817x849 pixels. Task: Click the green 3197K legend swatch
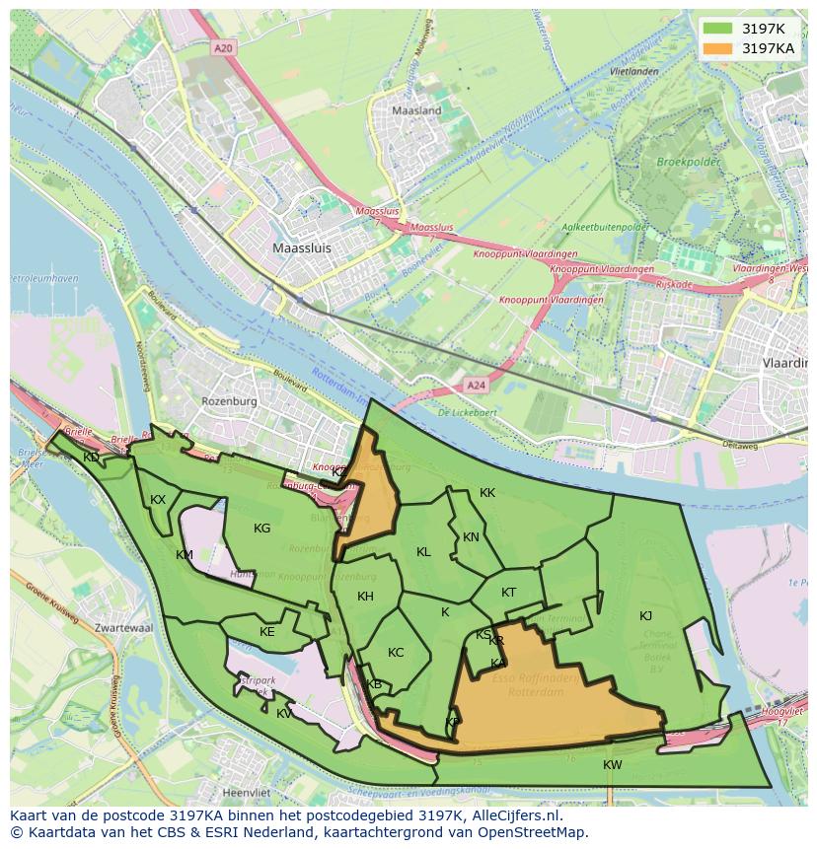click(x=718, y=29)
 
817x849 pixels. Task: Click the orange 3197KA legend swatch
click(x=718, y=47)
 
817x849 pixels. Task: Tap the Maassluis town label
click(x=302, y=248)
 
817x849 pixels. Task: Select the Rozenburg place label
click(x=229, y=401)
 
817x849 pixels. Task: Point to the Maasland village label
click(x=416, y=111)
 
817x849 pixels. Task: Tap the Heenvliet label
click(x=248, y=792)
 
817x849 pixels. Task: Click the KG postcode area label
click(x=261, y=529)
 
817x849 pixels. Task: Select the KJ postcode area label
click(x=645, y=616)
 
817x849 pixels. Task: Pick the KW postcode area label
click(x=613, y=765)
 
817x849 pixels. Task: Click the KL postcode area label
click(x=423, y=552)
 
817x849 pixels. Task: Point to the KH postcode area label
click(x=365, y=597)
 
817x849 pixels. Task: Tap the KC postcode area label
click(x=396, y=653)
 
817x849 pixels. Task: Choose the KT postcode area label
click(x=508, y=593)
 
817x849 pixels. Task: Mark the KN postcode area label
click(x=471, y=537)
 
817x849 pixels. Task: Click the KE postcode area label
click(x=266, y=632)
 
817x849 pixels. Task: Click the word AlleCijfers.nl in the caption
click(x=513, y=816)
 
